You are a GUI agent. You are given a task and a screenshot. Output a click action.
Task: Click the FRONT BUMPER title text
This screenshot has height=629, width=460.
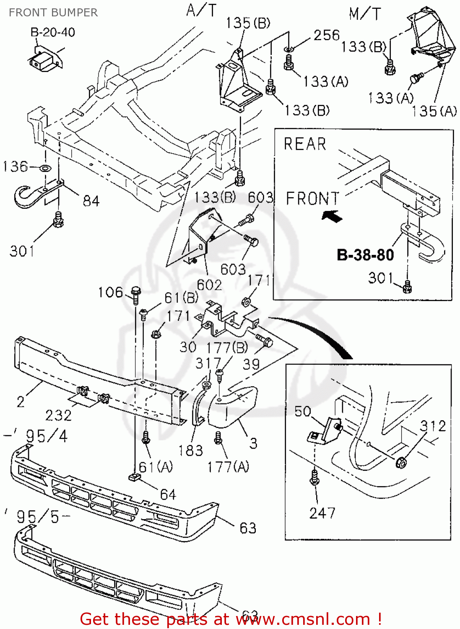click(53, 13)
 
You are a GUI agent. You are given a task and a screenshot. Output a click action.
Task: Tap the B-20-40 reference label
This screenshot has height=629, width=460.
click(52, 32)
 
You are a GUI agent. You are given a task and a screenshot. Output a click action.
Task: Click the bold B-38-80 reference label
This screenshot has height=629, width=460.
click(365, 255)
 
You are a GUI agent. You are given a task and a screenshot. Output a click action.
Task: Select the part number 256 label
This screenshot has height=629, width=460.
click(326, 35)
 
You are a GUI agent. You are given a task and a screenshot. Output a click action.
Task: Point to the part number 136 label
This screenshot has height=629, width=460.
click(15, 166)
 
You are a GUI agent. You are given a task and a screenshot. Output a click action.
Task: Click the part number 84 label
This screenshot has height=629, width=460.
click(91, 201)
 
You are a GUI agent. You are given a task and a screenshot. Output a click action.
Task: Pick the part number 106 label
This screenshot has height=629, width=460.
click(110, 292)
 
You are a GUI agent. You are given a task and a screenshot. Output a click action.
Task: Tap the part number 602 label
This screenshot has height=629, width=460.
click(209, 285)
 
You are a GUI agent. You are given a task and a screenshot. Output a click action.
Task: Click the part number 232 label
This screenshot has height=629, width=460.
click(58, 416)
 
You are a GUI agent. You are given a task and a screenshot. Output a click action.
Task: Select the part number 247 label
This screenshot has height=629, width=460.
click(322, 513)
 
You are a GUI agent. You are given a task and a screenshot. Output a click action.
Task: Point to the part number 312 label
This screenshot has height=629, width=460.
click(433, 426)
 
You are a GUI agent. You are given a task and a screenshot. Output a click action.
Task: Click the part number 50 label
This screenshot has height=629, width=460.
click(303, 411)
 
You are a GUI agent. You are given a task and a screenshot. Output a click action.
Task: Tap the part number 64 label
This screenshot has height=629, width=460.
click(168, 494)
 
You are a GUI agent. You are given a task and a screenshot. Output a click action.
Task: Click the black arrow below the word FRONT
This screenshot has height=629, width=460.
click(333, 216)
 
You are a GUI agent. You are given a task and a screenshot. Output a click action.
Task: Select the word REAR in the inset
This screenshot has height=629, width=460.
click(305, 144)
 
